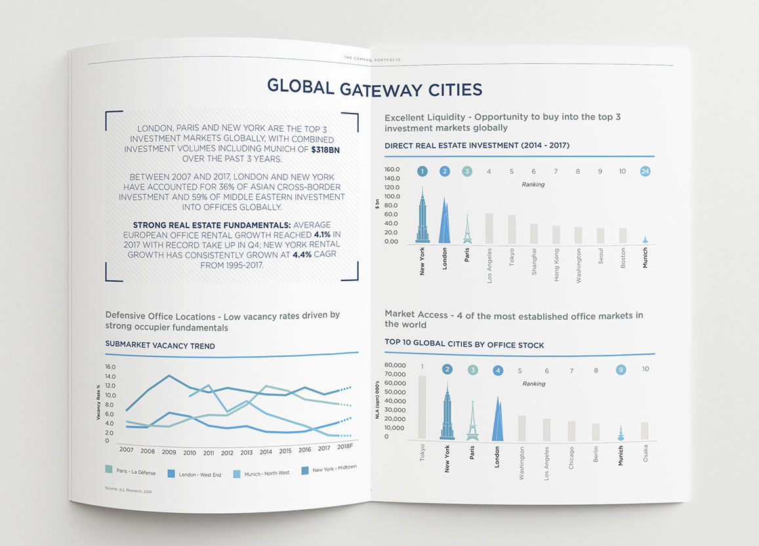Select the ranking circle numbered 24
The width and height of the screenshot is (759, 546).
point(646,172)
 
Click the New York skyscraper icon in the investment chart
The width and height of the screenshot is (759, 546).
point(422,216)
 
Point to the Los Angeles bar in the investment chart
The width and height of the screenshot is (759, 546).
point(489,228)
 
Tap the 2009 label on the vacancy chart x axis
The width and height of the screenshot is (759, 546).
point(169,452)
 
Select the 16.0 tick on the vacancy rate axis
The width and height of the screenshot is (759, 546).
point(110,367)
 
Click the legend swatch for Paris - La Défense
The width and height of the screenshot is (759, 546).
point(109,469)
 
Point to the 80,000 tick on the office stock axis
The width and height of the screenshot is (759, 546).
point(396,366)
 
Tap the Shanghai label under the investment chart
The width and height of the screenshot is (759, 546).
point(534,262)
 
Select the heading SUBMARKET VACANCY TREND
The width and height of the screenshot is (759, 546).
point(160,345)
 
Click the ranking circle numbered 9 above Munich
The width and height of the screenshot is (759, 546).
point(621,370)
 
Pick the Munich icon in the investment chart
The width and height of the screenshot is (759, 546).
point(645,239)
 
